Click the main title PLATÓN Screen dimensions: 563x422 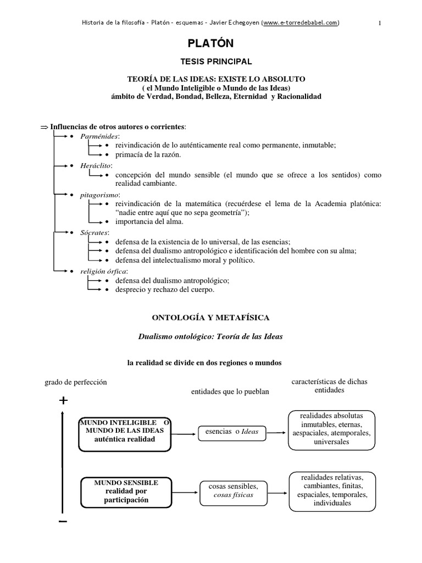212,43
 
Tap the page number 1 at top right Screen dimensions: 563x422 380,23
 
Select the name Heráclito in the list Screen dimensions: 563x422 97,165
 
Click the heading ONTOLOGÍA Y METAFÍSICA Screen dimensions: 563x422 210,317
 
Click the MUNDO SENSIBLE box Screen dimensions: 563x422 126,492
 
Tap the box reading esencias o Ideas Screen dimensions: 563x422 231,432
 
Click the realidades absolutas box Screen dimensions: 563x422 332,429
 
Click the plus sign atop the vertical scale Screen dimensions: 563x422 63,401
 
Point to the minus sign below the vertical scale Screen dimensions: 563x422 63,521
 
